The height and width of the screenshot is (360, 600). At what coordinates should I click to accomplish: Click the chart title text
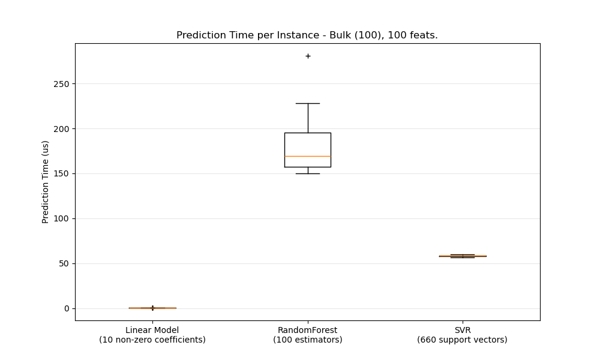(307, 35)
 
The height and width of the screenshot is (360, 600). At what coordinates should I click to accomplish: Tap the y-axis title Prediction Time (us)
(46, 182)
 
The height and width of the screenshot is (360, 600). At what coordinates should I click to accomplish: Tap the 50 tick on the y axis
(63, 263)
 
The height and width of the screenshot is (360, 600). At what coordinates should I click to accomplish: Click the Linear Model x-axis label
(152, 330)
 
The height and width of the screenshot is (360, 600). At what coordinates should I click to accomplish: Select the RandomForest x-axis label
(307, 330)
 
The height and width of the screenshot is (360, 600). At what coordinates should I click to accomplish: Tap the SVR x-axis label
(462, 330)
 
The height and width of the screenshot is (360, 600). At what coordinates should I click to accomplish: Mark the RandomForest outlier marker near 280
(308, 56)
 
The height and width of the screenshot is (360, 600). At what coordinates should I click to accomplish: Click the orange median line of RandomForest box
(308, 156)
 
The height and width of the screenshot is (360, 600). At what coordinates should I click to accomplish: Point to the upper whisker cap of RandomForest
(308, 103)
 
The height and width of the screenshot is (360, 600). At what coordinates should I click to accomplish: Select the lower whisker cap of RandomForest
(308, 173)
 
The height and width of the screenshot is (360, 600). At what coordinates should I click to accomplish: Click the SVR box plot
(462, 256)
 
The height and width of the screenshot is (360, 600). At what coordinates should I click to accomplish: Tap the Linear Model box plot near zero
(152, 308)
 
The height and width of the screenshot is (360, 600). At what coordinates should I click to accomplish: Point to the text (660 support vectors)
(462, 340)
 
